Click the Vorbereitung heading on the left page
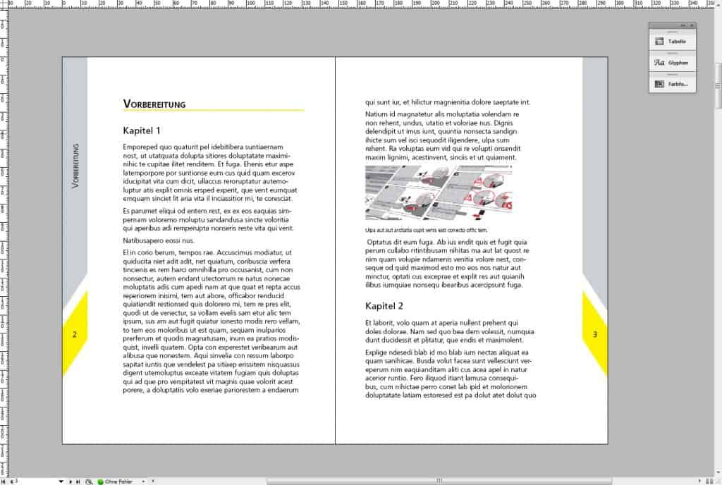pos(154,104)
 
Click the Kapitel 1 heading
pos(142,130)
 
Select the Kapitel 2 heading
pos(384,306)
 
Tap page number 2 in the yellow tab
pos(74,335)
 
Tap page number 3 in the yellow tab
pos(594,335)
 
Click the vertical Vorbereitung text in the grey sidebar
pos(75,166)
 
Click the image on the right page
pos(439,192)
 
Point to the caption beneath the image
pos(426,231)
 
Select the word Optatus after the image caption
pos(381,242)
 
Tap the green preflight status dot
pos(100,481)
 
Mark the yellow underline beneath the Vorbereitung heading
pos(213,111)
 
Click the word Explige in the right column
pos(378,352)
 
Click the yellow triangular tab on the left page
pos(76,333)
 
